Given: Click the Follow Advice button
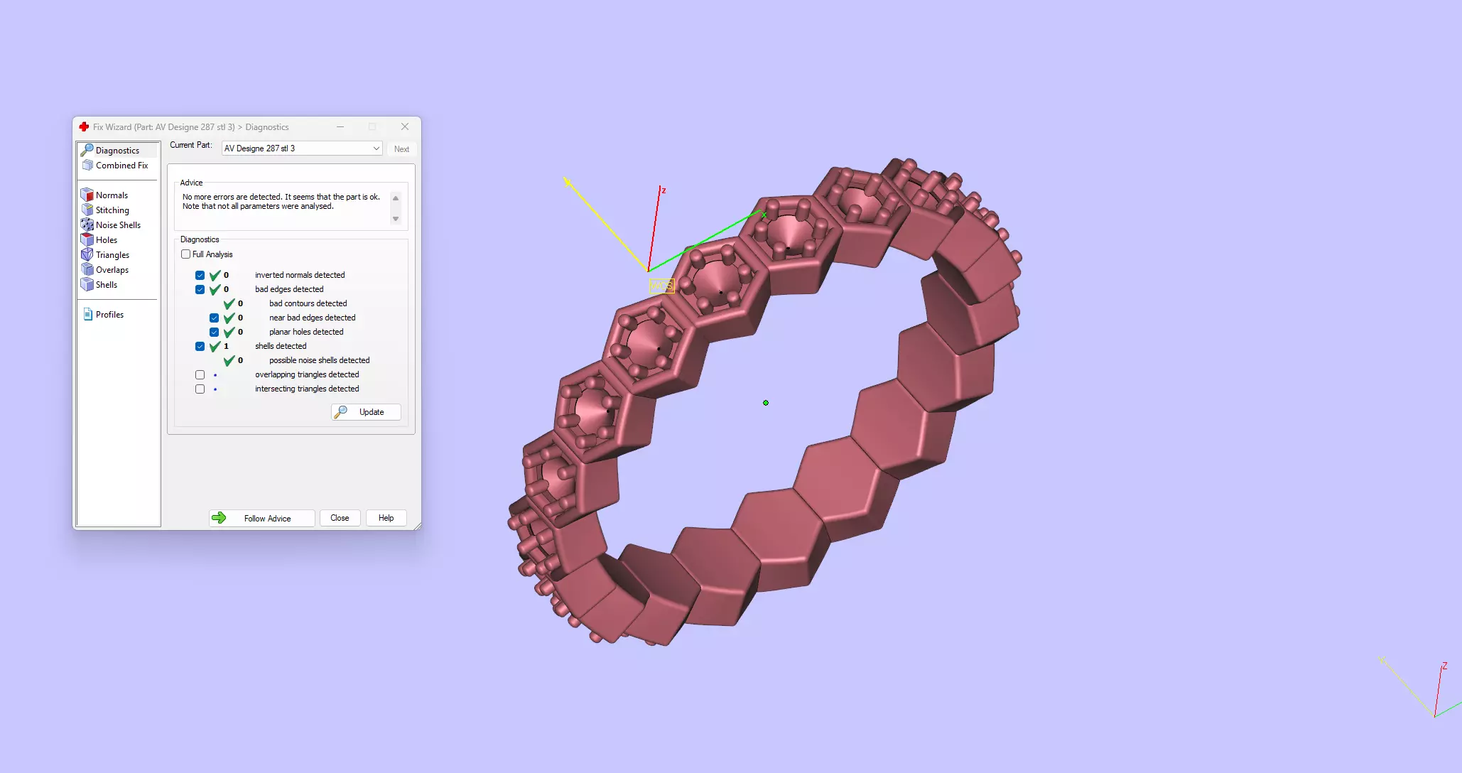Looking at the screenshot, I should pyautogui.click(x=261, y=518).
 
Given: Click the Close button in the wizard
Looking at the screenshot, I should pyautogui.click(x=340, y=518).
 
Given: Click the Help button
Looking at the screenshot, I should pyautogui.click(x=386, y=518).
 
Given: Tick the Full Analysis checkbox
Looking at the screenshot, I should pyautogui.click(x=186, y=254).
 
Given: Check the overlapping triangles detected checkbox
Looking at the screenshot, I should pyautogui.click(x=200, y=374).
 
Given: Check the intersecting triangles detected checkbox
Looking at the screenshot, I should pyautogui.click(x=200, y=389).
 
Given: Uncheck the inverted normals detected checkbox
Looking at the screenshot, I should pyautogui.click(x=200, y=275).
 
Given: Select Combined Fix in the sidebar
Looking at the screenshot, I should pyautogui.click(x=121, y=166).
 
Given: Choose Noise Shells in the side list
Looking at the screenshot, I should pyautogui.click(x=118, y=225).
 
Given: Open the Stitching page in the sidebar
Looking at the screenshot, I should pyautogui.click(x=112, y=210).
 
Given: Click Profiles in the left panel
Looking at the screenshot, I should pyautogui.click(x=109, y=315).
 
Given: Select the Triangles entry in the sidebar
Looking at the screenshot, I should pyautogui.click(x=112, y=255).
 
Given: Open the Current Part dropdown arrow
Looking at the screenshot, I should pyautogui.click(x=376, y=148).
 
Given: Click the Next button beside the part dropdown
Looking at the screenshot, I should pyautogui.click(x=401, y=149).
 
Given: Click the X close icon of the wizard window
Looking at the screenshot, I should pyautogui.click(x=405, y=126).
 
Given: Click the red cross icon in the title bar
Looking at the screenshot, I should pyautogui.click(x=84, y=126).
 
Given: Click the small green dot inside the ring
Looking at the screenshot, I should pyautogui.click(x=766, y=403).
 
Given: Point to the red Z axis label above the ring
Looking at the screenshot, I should pyautogui.click(x=664, y=190).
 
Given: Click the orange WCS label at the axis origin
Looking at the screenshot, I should pyautogui.click(x=661, y=286).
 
